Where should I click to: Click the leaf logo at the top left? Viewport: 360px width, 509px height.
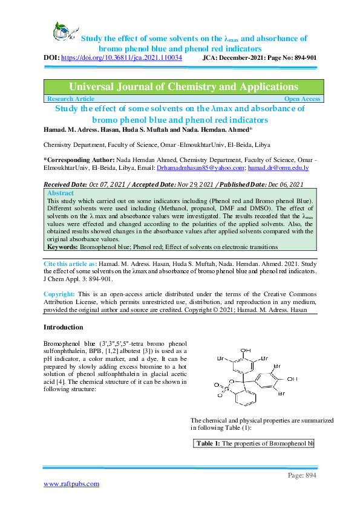point(62,30)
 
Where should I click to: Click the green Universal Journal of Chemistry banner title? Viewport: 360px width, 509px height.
point(183,86)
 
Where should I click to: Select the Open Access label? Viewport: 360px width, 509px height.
point(302,99)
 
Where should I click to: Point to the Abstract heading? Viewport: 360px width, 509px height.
point(61,193)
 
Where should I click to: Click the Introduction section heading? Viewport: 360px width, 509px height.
point(63,327)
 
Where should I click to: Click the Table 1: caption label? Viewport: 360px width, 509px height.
point(209,444)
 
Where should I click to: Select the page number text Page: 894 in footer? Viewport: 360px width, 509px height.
point(302,476)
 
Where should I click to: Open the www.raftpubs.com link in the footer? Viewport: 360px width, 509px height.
point(71,484)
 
